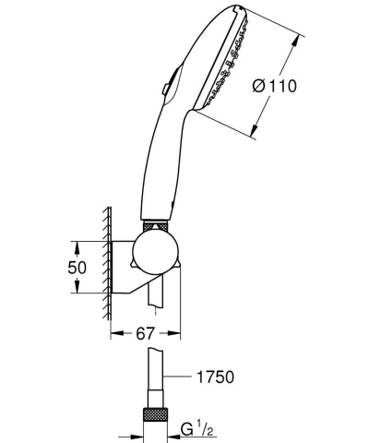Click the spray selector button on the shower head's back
(163, 89)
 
